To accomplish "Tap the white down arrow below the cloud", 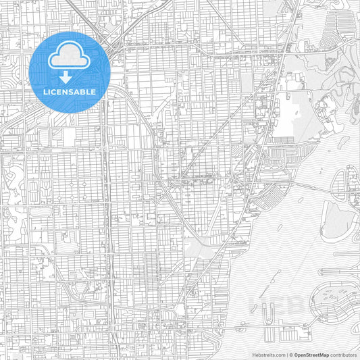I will (70, 77).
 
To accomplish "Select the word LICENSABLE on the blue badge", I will (70, 91).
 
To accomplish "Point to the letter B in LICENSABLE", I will (84, 91).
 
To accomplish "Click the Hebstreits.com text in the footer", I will (267, 354).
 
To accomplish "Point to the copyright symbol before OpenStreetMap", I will (290, 354).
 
